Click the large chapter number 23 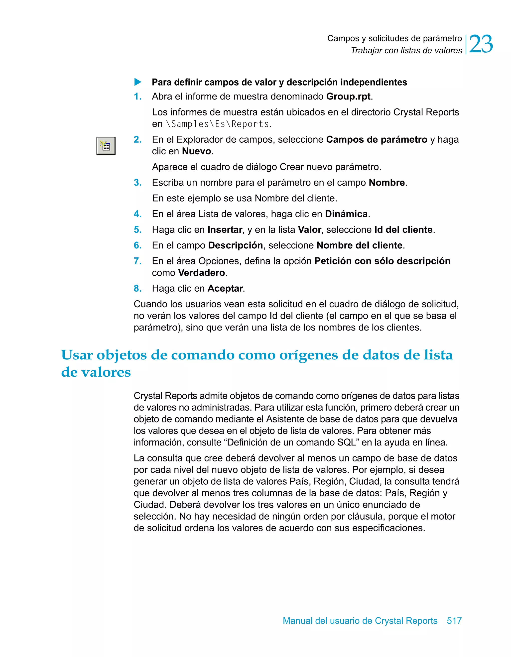coord(481,44)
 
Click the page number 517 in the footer coord(454,620)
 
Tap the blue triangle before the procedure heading coord(138,82)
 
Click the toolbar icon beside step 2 coord(106,146)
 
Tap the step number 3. coord(137,183)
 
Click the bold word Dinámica coord(346,214)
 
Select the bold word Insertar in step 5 coord(225,229)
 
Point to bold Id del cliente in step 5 coord(403,229)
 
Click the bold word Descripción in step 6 coord(235,245)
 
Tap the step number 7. coord(137,261)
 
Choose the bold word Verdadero coord(201,273)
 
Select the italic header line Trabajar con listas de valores coord(406,51)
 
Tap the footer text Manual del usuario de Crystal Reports coord(360,620)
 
